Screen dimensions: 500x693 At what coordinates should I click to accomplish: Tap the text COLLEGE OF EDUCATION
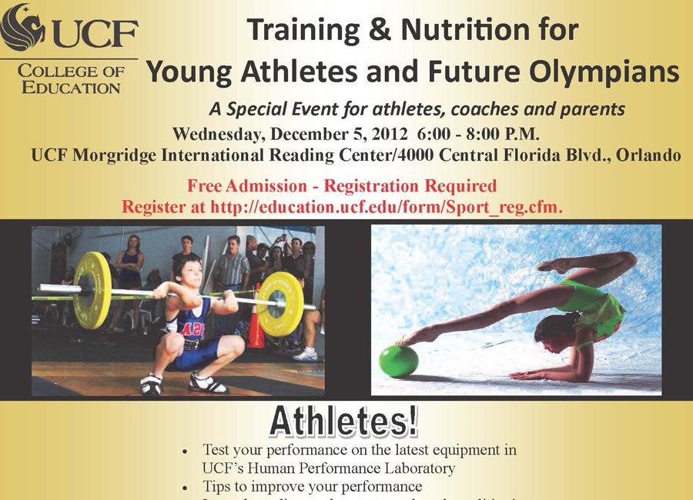[x=70, y=78]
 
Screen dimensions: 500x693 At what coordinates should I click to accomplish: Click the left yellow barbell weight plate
[x=92, y=288]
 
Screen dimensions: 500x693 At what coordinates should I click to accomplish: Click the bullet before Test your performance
[x=184, y=450]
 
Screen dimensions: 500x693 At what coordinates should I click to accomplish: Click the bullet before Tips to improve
[x=184, y=487]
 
